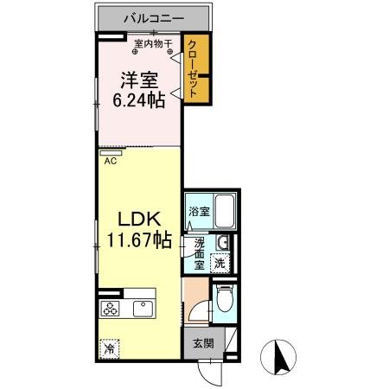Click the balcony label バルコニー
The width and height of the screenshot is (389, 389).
click(152, 16)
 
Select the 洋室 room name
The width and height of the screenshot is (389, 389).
click(136, 80)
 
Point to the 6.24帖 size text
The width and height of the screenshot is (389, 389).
click(136, 100)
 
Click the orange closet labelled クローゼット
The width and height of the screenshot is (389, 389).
click(196, 69)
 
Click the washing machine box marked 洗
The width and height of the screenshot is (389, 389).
click(221, 263)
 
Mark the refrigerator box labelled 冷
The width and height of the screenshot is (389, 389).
click(110, 348)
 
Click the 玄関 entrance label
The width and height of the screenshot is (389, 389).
click(198, 344)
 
